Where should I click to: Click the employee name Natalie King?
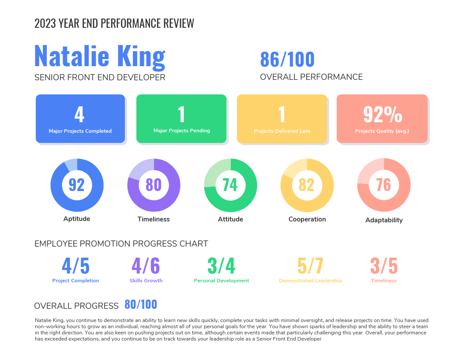tap(100, 57)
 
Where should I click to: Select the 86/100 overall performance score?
tap(287, 60)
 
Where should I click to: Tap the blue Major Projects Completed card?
tap(80, 119)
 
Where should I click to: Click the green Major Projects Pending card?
tap(181, 119)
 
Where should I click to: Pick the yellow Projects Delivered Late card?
tap(282, 119)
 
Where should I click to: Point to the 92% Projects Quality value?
tap(383, 114)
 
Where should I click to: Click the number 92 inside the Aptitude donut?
tap(77, 184)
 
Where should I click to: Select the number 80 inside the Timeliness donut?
tap(154, 184)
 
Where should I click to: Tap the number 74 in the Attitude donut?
tap(230, 184)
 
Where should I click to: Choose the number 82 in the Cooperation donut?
tap(307, 184)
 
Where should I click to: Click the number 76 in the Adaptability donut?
tap(383, 184)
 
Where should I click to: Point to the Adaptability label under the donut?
tap(384, 220)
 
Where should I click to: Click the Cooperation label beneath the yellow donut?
tap(307, 219)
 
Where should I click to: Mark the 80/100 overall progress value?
tap(141, 304)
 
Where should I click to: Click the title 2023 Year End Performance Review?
tap(114, 23)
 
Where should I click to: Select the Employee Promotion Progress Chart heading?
tap(121, 244)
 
